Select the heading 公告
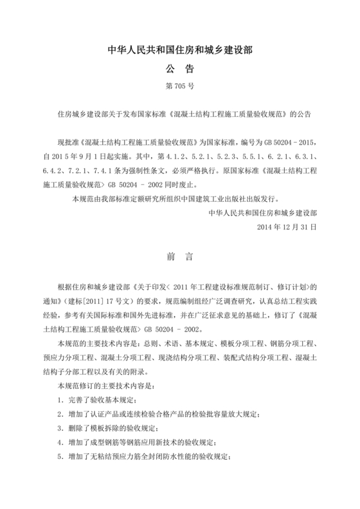point(180,69)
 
